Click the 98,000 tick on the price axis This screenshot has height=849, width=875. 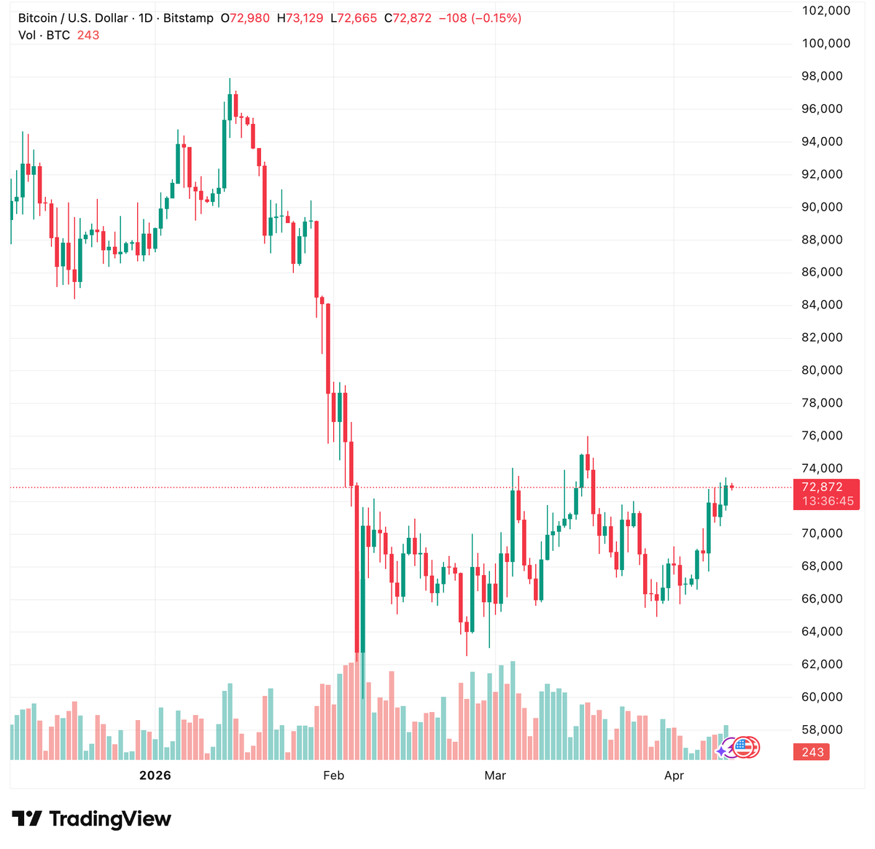point(822,76)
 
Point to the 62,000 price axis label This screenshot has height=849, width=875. point(822,664)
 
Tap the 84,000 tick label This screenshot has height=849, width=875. point(822,305)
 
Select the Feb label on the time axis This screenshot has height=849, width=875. point(333,775)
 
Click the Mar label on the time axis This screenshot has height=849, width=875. point(495,775)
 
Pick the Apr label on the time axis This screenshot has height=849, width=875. point(674,775)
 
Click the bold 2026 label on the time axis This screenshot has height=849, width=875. point(155,775)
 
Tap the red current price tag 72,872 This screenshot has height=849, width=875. point(822,487)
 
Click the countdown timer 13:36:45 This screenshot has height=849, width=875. point(828,501)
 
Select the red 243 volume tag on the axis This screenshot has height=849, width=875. point(812,752)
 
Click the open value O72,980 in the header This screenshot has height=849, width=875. point(245,18)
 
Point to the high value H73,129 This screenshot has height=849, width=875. point(300,18)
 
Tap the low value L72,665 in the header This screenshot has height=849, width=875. point(354,18)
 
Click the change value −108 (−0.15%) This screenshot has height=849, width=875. point(480,18)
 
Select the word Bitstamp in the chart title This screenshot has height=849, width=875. point(188,18)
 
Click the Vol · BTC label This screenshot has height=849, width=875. point(44,35)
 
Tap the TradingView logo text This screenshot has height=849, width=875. point(109,819)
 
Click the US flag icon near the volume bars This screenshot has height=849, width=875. point(743,747)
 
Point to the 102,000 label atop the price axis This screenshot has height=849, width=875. point(826,10)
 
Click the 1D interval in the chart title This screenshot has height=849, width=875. point(145,18)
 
